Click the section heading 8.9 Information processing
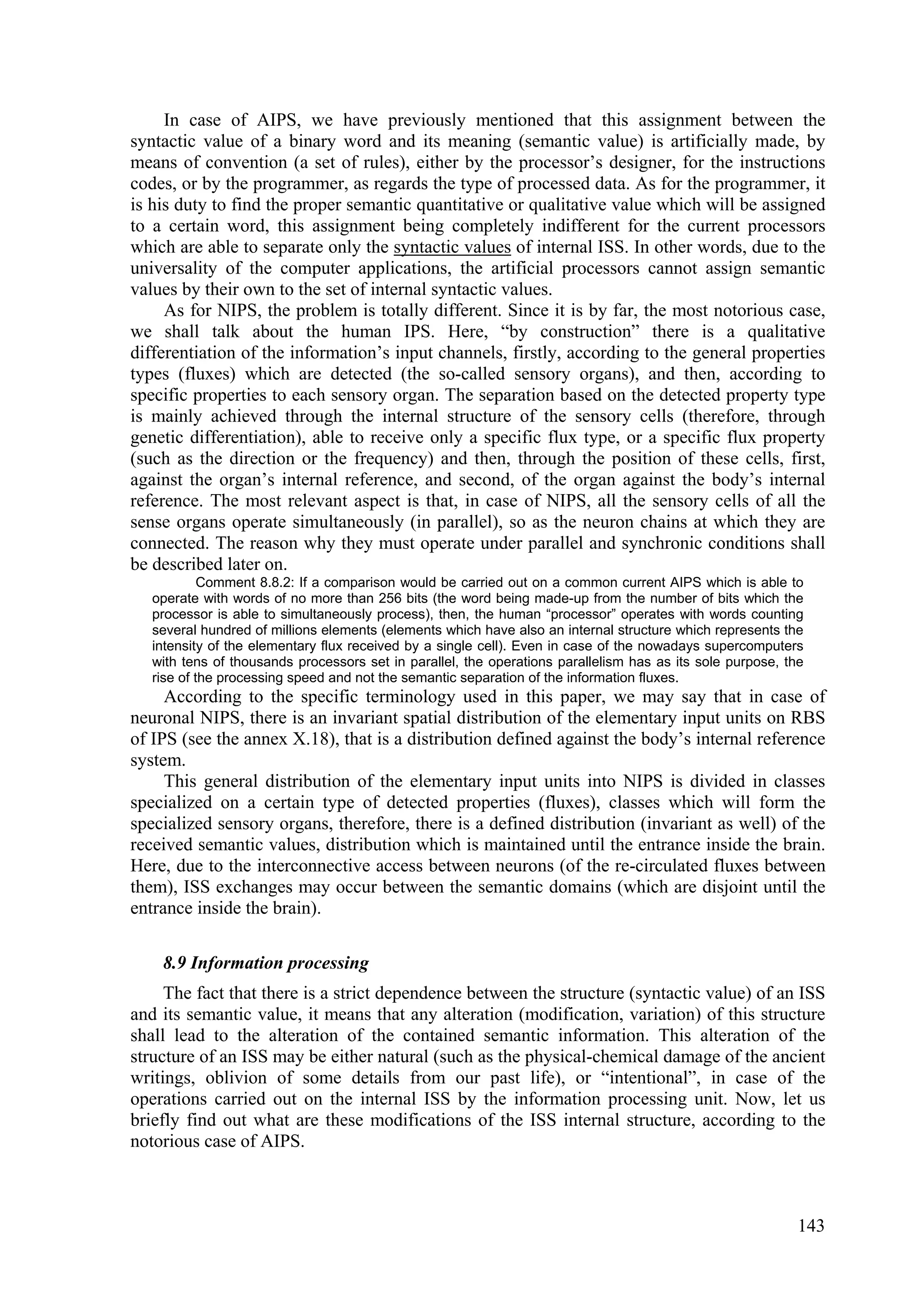266,963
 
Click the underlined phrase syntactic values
452,247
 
